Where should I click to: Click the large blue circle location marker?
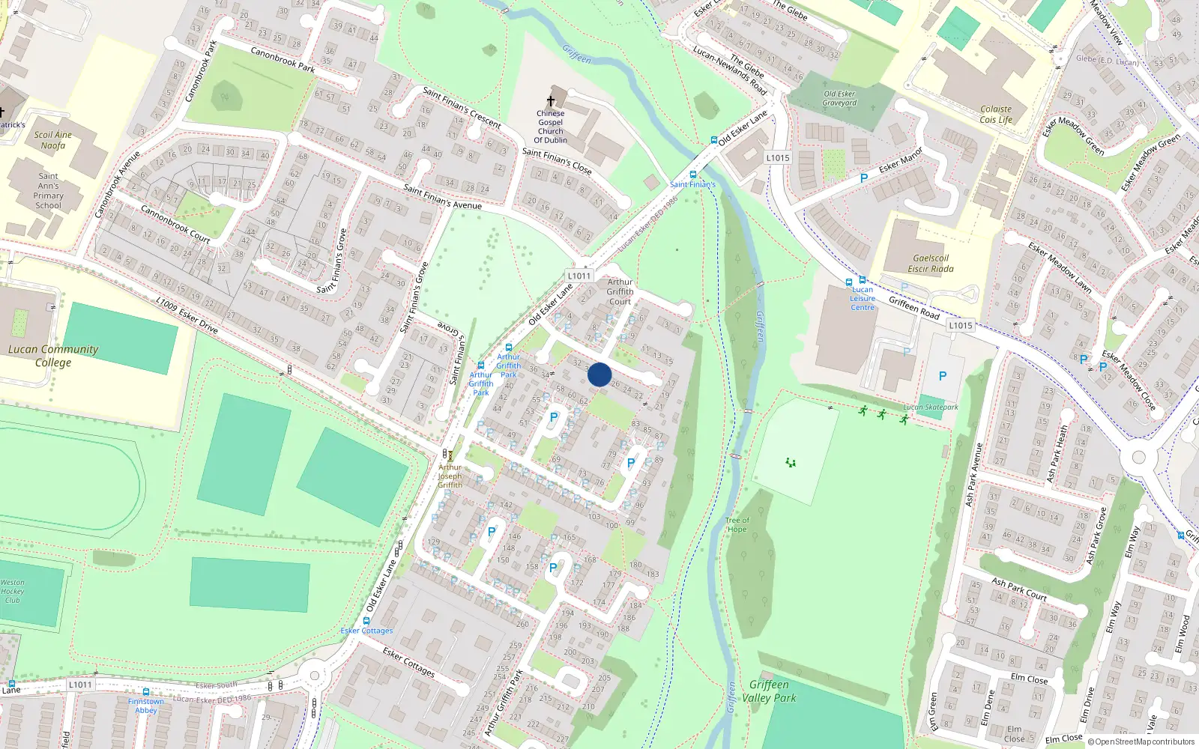click(x=599, y=374)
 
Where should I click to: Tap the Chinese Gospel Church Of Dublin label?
click(x=550, y=127)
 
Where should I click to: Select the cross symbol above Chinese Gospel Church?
click(x=551, y=101)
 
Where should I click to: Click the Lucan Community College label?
click(x=53, y=356)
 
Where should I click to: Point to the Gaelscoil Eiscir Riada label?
click(x=931, y=264)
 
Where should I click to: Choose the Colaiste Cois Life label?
click(x=996, y=115)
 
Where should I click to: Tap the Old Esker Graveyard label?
click(x=839, y=99)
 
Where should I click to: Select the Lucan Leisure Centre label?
click(x=863, y=298)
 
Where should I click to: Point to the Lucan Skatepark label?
click(x=931, y=407)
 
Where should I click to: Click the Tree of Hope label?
click(x=737, y=524)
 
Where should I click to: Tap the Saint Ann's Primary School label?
click(x=49, y=190)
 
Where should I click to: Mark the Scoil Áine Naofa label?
click(x=53, y=140)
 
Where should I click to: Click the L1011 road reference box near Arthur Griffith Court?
click(x=579, y=276)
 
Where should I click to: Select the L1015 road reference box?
click(x=778, y=158)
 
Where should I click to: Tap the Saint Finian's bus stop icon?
click(x=692, y=175)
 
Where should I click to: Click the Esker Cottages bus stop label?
click(x=366, y=631)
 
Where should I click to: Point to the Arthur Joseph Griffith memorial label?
click(x=450, y=476)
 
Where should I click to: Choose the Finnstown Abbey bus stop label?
click(x=146, y=706)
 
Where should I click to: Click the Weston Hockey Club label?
click(x=12, y=591)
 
